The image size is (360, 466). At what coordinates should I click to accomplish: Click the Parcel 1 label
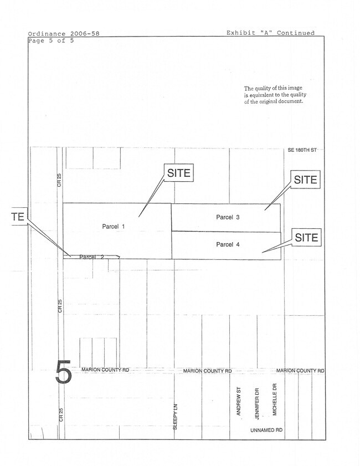114,227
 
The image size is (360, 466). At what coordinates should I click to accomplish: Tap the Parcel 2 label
91,257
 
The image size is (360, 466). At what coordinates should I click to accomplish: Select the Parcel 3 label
228,217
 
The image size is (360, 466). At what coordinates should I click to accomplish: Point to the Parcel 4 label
228,244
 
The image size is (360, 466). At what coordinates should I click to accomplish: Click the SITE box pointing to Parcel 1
179,173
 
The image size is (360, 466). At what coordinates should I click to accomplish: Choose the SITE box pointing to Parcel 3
305,180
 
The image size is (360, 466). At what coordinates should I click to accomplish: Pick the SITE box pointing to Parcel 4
306,237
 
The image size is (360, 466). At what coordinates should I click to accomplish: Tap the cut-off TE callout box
19,216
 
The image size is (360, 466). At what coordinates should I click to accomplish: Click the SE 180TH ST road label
302,150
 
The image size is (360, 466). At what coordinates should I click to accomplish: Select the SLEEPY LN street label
175,417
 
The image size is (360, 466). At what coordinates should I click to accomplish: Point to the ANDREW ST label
239,401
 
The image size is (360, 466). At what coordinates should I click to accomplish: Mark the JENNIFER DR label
257,403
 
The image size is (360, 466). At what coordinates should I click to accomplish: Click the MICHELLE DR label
275,399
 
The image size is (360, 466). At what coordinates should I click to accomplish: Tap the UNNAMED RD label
266,430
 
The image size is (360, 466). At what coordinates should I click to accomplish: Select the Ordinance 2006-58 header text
64,34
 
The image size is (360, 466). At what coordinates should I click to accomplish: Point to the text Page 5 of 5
51,40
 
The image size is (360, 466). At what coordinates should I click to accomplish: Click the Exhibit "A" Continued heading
270,33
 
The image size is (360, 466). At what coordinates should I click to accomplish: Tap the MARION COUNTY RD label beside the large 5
105,370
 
